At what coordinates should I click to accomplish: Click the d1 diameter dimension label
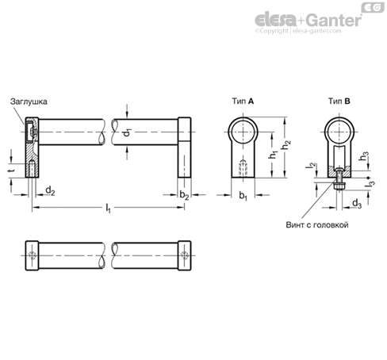(x=128, y=132)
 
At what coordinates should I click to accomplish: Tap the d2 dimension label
(x=50, y=190)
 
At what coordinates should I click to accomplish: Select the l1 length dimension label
(x=108, y=208)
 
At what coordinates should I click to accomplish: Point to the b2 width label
(x=184, y=195)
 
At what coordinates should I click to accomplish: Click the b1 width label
(x=243, y=196)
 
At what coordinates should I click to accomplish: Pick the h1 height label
(x=274, y=155)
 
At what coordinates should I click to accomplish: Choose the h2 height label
(x=286, y=144)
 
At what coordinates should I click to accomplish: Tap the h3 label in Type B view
(x=364, y=155)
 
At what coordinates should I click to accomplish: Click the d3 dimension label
(x=357, y=204)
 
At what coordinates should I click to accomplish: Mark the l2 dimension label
(x=311, y=165)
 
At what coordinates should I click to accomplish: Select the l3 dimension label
(x=370, y=184)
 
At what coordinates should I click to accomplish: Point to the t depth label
(x=11, y=170)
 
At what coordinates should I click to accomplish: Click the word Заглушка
(x=29, y=101)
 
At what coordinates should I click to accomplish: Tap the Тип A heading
(x=243, y=101)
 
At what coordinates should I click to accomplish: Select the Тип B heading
(x=339, y=101)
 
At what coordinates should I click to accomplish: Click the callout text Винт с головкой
(x=317, y=225)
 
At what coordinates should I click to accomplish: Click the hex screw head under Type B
(x=339, y=186)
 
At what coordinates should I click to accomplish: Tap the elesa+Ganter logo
(x=308, y=20)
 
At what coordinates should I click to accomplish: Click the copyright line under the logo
(x=298, y=31)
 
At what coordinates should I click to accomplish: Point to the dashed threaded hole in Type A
(x=243, y=168)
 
